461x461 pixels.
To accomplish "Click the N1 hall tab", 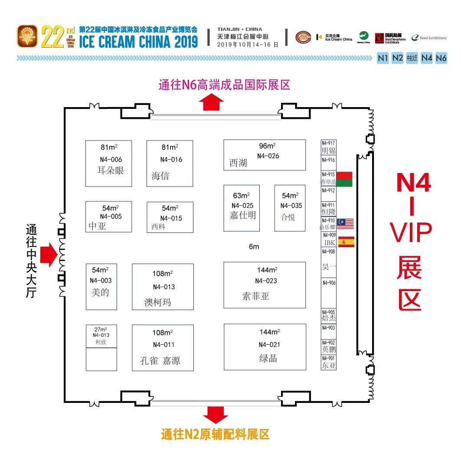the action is pos(383,58).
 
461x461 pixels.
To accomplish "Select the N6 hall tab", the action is pos(441,58).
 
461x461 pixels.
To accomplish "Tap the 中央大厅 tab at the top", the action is pos(412,58).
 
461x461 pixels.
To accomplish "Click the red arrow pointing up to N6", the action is pos(212,102).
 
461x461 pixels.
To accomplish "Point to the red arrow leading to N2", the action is pos(216,415).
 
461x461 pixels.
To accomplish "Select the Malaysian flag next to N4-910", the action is pos(345,224).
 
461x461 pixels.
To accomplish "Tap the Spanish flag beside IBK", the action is pos(346,242).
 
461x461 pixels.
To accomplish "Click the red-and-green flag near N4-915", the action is pos(344,179).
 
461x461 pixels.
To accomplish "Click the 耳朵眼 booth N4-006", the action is pos(108,163).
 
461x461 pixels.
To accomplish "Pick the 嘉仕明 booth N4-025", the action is pos(242,208).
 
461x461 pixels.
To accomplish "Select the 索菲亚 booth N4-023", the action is pos(264,285).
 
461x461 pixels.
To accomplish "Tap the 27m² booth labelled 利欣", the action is pos(101,336).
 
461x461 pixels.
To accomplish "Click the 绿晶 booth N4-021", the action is pos(265,347).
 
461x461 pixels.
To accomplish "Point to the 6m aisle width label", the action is pos(254,247).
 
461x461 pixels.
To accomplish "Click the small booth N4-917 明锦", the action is pos(328,148).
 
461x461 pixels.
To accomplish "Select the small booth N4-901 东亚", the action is pos(328,363).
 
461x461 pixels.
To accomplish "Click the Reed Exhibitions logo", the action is pos(429,38).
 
